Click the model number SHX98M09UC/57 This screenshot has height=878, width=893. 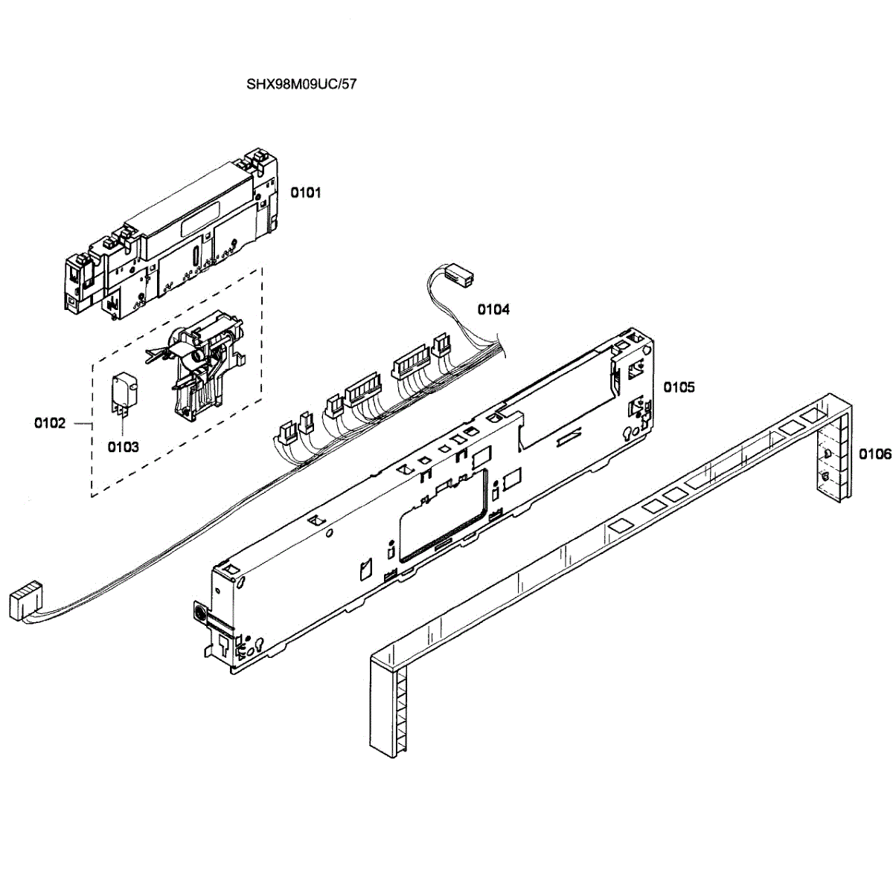pyautogui.click(x=301, y=84)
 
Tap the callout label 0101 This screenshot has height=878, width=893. pyautogui.click(x=305, y=193)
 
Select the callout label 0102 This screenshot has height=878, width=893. pyautogui.click(x=50, y=423)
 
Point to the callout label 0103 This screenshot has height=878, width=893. pyautogui.click(x=123, y=447)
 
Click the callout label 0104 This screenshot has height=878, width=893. pyautogui.click(x=493, y=309)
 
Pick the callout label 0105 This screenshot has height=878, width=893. pyautogui.click(x=679, y=387)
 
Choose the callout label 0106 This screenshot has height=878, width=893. pyautogui.click(x=875, y=453)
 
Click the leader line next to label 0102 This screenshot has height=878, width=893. pyautogui.click(x=81, y=423)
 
